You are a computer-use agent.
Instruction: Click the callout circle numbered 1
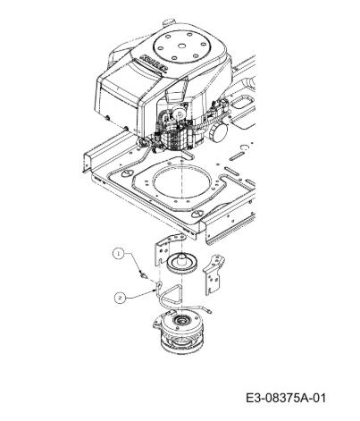(x=119, y=254)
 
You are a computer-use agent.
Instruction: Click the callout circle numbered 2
(x=120, y=298)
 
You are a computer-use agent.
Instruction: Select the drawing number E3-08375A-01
(x=286, y=398)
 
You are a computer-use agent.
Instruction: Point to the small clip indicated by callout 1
(x=144, y=274)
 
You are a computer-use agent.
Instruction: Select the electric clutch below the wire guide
(x=180, y=332)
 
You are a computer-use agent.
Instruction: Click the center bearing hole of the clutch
(x=180, y=320)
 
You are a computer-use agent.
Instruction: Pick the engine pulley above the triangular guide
(x=181, y=263)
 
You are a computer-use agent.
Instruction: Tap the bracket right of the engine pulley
(x=213, y=274)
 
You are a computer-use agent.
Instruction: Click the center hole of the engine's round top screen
(x=181, y=46)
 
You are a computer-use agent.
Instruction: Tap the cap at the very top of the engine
(x=170, y=22)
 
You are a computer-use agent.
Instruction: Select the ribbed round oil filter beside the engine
(x=218, y=132)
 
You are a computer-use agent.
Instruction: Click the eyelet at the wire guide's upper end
(x=159, y=284)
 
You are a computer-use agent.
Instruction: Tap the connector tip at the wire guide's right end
(x=209, y=311)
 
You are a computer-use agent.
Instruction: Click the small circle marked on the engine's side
(x=180, y=114)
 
